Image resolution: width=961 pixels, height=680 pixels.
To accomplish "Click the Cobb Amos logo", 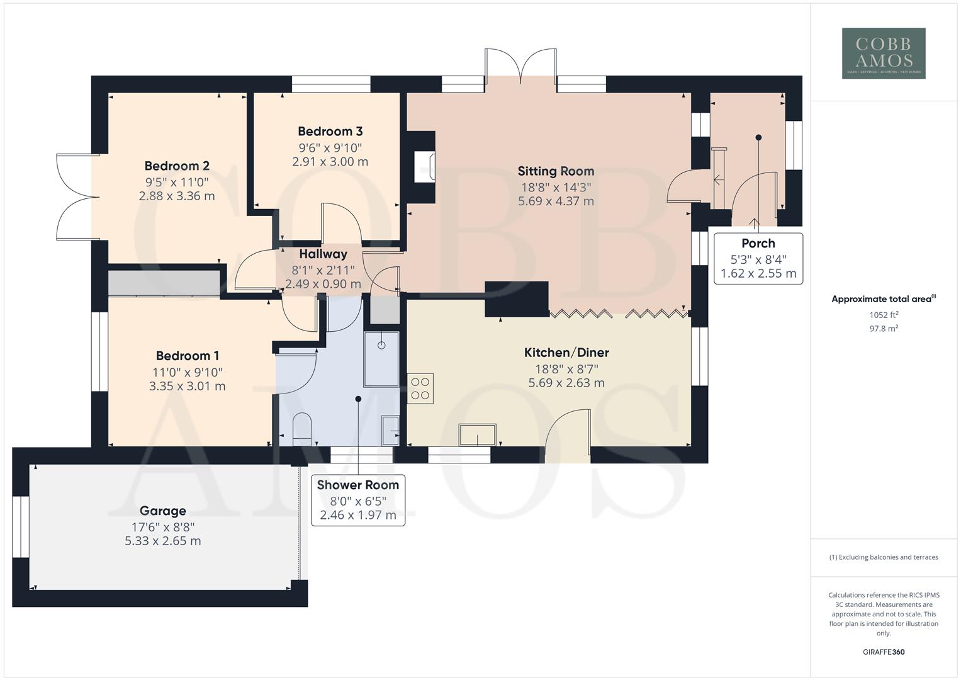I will point(884,54).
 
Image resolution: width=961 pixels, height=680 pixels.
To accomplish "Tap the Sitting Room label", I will point(556,171).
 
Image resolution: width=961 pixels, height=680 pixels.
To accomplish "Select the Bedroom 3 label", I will point(330,132).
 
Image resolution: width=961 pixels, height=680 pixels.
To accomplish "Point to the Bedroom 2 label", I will point(177,166).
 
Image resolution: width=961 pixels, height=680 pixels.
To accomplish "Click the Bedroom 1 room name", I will point(188,356).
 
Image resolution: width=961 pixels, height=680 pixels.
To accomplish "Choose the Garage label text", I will point(163,511).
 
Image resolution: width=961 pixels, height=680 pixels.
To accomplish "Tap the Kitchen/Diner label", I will point(566,353).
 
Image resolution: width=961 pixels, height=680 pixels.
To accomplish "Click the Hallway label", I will point(323,254).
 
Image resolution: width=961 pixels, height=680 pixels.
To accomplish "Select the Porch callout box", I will point(758,259).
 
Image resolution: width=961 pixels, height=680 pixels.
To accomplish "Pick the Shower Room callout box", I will point(358,500).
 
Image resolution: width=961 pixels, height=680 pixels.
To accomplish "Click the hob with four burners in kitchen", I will point(420,388).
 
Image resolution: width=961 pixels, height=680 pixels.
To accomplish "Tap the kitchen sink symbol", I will point(476,434).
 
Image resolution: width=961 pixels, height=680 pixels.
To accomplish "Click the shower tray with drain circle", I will point(381,359).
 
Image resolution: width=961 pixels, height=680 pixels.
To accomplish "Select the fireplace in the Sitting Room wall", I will point(423,167).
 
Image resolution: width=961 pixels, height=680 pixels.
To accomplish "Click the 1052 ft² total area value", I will point(884,315).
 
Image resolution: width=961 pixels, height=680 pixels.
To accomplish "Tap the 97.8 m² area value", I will point(884,329).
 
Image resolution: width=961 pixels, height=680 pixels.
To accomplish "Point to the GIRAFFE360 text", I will point(884,652).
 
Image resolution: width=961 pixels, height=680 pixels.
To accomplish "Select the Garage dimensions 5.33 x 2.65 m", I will point(163,541).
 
